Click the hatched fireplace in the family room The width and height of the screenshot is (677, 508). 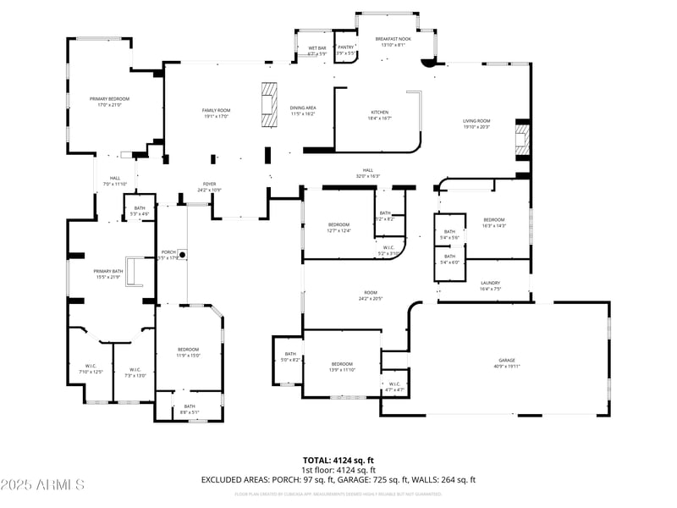269,104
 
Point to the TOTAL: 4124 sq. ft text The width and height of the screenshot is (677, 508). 338,461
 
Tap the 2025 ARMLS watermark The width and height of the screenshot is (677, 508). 42,485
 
